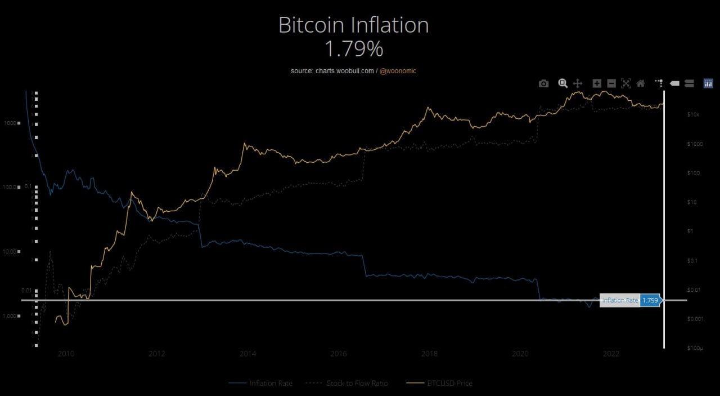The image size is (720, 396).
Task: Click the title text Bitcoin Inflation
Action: pyautogui.click(x=353, y=25)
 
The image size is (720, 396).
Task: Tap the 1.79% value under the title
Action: pyautogui.click(x=353, y=50)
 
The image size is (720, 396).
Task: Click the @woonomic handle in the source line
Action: pyautogui.click(x=398, y=71)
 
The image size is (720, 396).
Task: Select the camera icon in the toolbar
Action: pyautogui.click(x=543, y=83)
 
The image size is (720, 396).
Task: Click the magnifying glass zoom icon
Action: pyautogui.click(x=562, y=83)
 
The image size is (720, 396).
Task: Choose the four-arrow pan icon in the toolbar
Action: pyautogui.click(x=577, y=83)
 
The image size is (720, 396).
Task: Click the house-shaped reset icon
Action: pyautogui.click(x=640, y=83)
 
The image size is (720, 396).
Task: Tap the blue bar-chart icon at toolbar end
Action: pyautogui.click(x=708, y=83)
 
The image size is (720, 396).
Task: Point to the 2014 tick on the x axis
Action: pyautogui.click(x=247, y=354)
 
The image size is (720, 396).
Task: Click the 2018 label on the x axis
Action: pyautogui.click(x=429, y=354)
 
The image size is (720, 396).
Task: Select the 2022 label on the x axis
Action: pyautogui.click(x=611, y=354)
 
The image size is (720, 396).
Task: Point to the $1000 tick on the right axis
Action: pyautogui.click(x=695, y=144)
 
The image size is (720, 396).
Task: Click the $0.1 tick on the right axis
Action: pyautogui.click(x=693, y=261)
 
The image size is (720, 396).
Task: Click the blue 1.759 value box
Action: pyautogui.click(x=650, y=300)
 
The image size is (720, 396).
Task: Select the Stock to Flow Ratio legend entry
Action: pyautogui.click(x=357, y=383)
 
